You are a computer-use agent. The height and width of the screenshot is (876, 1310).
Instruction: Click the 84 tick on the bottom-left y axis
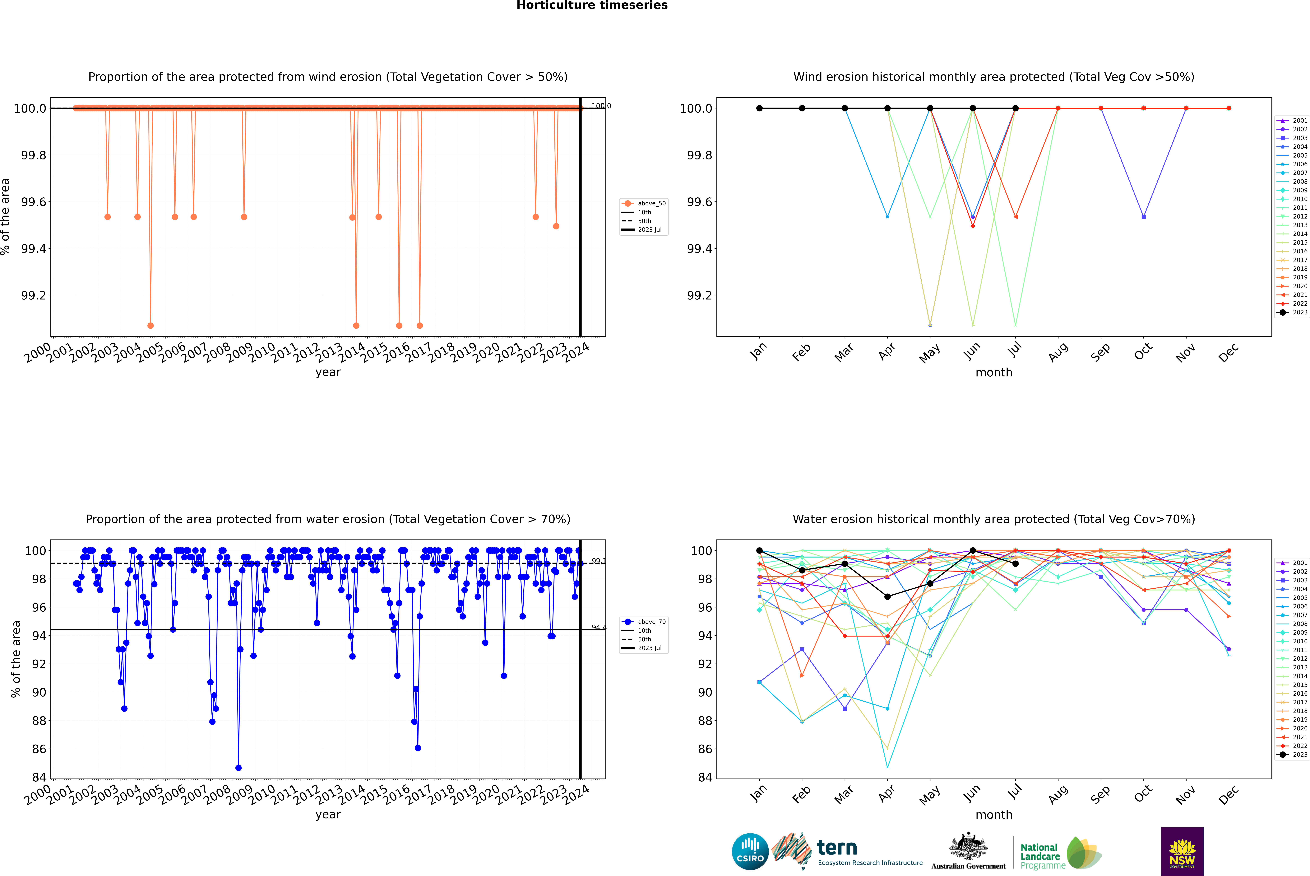(x=39, y=777)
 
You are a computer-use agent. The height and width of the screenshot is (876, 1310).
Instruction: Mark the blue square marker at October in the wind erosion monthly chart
(x=1144, y=217)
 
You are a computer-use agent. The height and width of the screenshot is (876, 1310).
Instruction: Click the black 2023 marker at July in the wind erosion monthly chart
(x=1015, y=108)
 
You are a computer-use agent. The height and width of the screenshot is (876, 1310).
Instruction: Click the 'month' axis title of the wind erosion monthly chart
(x=993, y=373)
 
